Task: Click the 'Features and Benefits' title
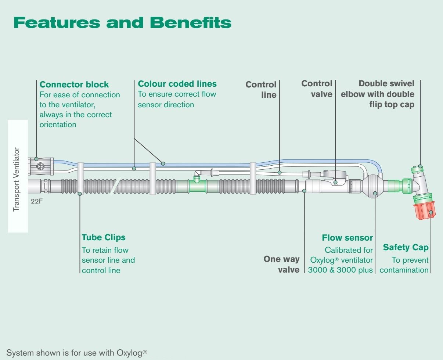[x=122, y=22]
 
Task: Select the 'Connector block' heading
[x=74, y=84]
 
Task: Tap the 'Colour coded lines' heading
[x=177, y=84]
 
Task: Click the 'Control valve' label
[x=317, y=89]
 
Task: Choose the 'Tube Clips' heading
[x=104, y=237]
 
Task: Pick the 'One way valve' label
[x=282, y=264]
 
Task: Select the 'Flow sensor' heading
[x=347, y=238]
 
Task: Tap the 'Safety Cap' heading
[x=406, y=247]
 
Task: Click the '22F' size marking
[x=37, y=201]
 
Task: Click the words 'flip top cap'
[x=392, y=104]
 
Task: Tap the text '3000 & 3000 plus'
[x=340, y=270]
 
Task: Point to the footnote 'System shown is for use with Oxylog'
[x=77, y=353]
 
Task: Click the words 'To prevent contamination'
[x=404, y=265]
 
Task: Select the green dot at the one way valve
[x=305, y=191]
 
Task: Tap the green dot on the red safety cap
[x=431, y=212]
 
